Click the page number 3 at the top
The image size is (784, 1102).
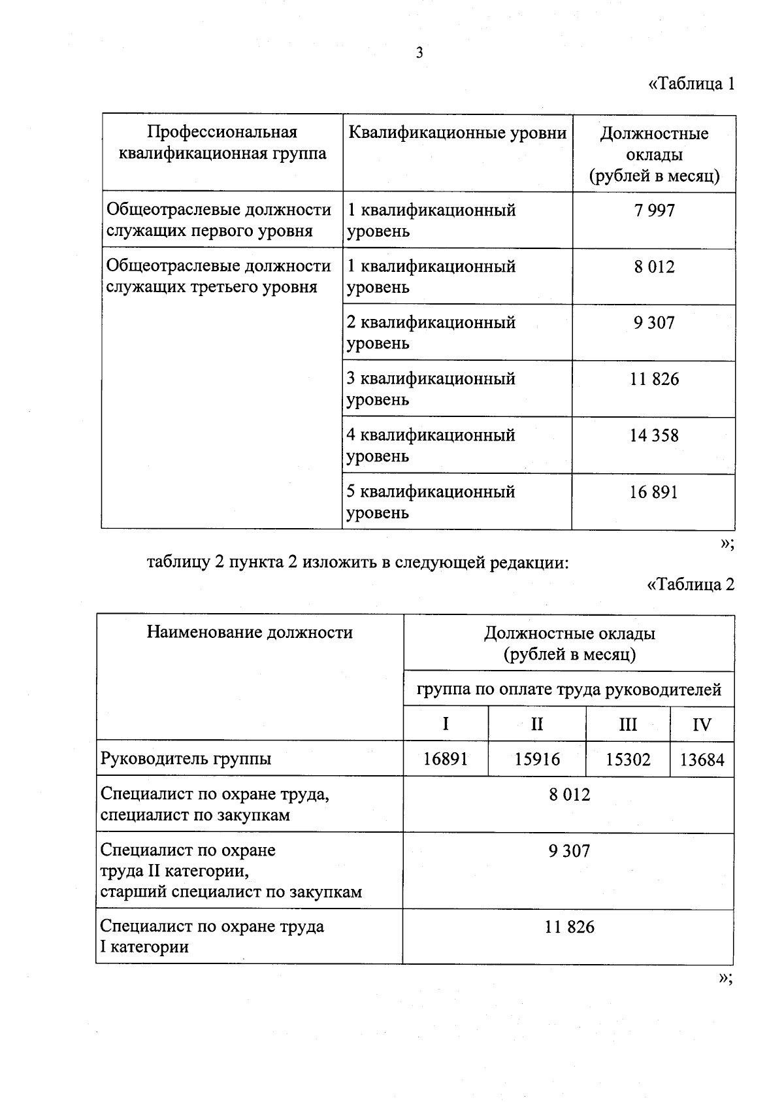pos(419,54)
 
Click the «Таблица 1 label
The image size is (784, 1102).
pos(691,84)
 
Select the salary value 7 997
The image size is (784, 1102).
pos(654,210)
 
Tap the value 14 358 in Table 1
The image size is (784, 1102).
pos(654,435)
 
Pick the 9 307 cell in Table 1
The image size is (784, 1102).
pos(654,323)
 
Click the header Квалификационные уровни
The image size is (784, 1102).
pos(457,133)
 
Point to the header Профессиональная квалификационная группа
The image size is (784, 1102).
pos(222,143)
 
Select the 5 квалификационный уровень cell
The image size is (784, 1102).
pos(431,501)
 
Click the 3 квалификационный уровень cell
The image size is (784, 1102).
pos(431,389)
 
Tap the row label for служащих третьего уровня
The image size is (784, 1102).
pos(218,276)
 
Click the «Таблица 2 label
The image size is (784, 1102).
pos(691,584)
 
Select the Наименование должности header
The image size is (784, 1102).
pos(250,632)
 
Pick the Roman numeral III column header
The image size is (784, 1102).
pos(627,724)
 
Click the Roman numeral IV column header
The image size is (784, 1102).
pos(702,724)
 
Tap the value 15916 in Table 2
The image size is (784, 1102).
pos(537,759)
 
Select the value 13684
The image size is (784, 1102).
pos(702,760)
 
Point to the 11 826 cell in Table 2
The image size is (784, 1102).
pos(569,927)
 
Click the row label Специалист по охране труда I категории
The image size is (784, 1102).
pos(212,936)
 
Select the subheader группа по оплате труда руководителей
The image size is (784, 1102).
pos(569,690)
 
